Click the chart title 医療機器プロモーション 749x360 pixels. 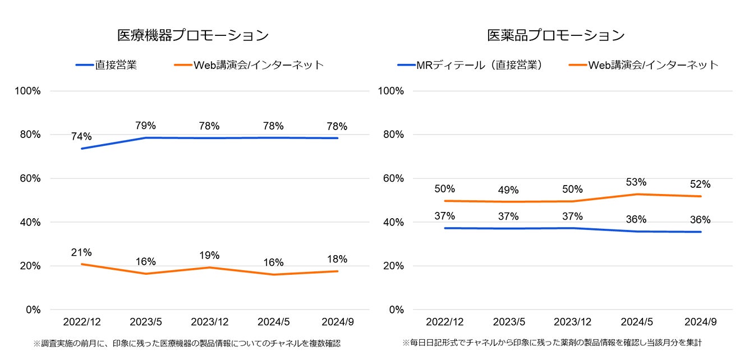pyautogui.click(x=192, y=35)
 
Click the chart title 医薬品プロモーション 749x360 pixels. pyautogui.click(x=556, y=35)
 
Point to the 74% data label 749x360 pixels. pyautogui.click(x=81, y=136)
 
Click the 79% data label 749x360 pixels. pyautogui.click(x=146, y=126)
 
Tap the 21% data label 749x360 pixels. pyautogui.click(x=81, y=252)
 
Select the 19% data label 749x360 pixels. pyautogui.click(x=209, y=256)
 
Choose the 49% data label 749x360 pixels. pyautogui.click(x=508, y=190)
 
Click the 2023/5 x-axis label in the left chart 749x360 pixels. pyautogui.click(x=146, y=322)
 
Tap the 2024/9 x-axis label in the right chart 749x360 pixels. pyautogui.click(x=701, y=322)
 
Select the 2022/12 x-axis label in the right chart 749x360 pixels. pyautogui.click(x=444, y=322)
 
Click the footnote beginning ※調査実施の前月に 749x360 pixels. pyautogui.click(x=186, y=343)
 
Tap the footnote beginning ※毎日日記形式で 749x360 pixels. pyautogui.click(x=552, y=342)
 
